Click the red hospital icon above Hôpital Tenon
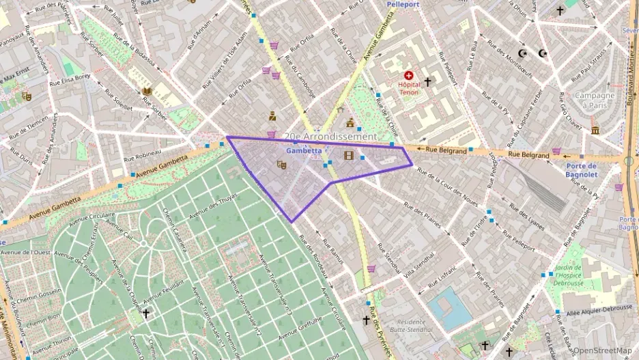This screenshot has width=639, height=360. (409, 76)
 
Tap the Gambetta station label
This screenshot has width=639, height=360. (304, 150)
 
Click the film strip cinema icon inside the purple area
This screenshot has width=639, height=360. (350, 156)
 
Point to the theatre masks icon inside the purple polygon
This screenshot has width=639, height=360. (281, 165)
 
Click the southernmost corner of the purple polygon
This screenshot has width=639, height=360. (292, 222)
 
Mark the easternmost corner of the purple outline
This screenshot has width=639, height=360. (412, 165)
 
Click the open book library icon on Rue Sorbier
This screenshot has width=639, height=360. (147, 91)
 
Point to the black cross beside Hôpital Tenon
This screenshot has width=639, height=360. (428, 82)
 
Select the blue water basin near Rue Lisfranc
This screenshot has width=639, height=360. (449, 308)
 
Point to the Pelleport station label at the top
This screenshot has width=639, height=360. (407, 4)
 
